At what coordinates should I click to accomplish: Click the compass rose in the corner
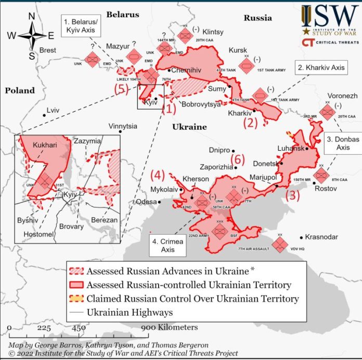(31, 35)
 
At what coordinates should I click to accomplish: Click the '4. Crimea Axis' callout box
(167, 245)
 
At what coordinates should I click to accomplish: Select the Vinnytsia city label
(123, 126)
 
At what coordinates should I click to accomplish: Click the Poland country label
(20, 90)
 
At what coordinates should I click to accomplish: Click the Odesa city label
(146, 202)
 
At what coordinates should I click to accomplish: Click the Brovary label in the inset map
(71, 226)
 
